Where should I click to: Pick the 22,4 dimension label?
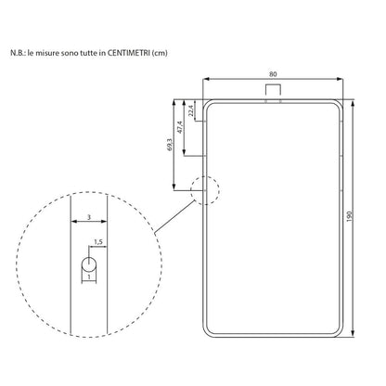(x=190, y=112)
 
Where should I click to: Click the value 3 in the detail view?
(x=87, y=215)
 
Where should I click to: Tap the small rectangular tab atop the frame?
(x=273, y=90)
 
